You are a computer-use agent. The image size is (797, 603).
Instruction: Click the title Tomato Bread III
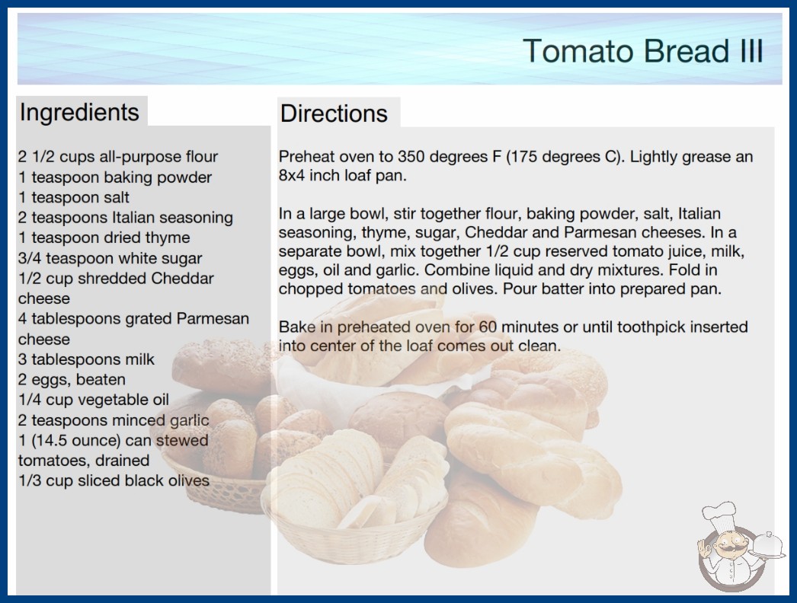coord(642,51)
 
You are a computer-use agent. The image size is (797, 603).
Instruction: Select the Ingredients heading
coord(79,113)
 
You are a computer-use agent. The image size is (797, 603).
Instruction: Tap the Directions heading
coord(334,113)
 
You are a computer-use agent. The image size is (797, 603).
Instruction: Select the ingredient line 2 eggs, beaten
coord(72,379)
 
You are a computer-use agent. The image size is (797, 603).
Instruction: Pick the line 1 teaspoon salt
coord(74,197)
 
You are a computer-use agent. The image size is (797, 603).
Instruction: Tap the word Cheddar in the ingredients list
coord(182,279)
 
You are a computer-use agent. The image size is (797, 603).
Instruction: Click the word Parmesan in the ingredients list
coord(213,318)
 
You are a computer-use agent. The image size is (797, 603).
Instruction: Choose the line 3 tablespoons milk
coord(86,359)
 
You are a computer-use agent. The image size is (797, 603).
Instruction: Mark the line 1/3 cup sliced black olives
coord(114,480)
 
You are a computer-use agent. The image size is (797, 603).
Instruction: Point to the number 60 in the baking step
coord(488,327)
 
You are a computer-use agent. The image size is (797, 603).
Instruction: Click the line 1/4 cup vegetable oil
coord(94,400)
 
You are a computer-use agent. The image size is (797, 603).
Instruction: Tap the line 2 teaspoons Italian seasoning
coord(126,218)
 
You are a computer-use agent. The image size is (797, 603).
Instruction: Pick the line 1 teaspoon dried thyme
coord(104,238)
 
